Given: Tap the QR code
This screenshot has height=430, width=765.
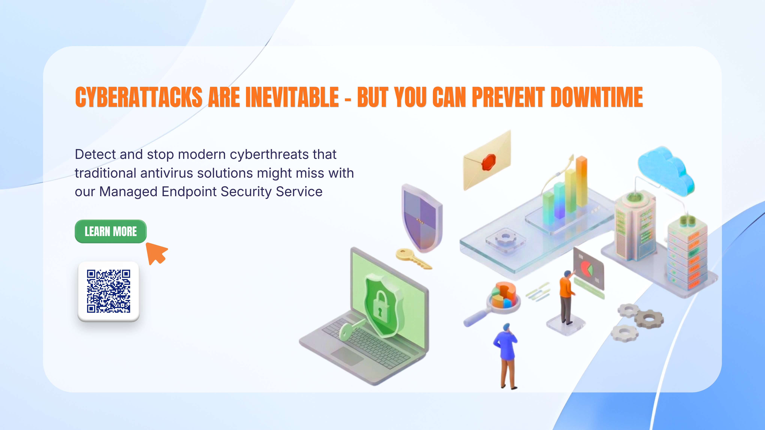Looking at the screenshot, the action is coord(108,291).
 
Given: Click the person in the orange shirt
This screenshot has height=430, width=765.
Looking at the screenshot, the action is coord(567,297).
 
